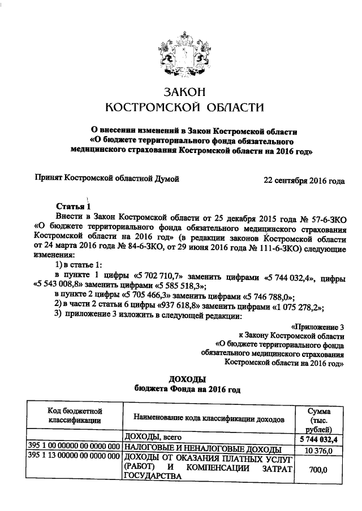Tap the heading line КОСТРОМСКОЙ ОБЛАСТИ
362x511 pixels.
pos(180,107)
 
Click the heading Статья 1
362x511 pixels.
pos(73,206)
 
